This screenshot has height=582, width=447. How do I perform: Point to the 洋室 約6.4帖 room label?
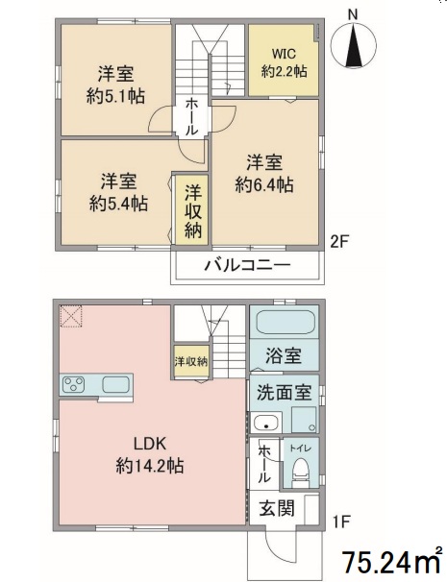point(266,172)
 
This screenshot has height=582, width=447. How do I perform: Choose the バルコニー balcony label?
point(246,265)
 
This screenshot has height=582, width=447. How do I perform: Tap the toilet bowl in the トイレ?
point(302,470)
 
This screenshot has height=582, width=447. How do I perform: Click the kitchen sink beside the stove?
point(116,386)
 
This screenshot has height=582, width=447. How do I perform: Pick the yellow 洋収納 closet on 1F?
point(190,360)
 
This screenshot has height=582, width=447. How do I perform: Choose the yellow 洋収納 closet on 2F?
point(192,208)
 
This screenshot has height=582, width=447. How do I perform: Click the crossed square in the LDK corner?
point(71,316)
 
